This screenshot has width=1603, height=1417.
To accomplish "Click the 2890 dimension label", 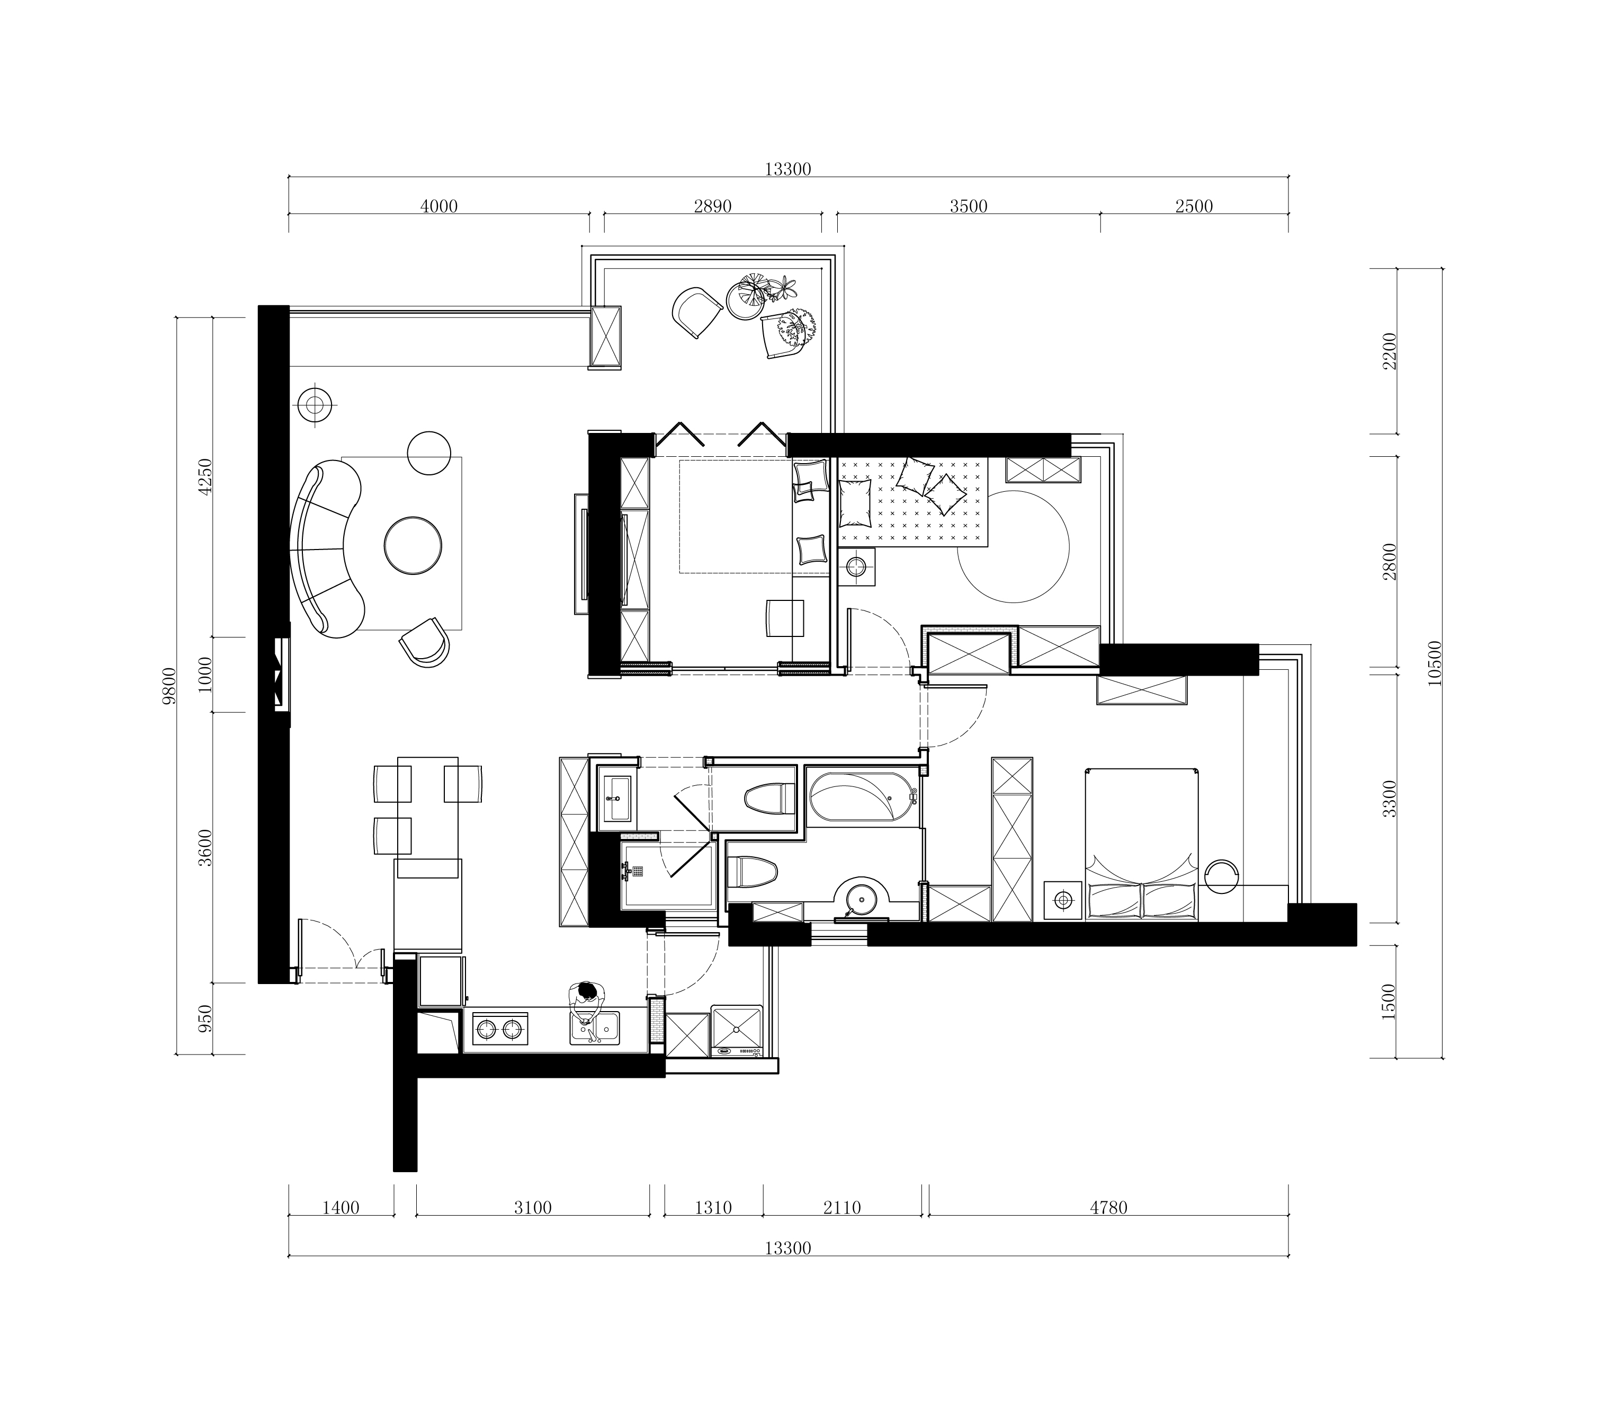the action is point(712,206).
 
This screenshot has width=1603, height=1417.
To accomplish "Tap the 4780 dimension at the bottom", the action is point(1108,1208).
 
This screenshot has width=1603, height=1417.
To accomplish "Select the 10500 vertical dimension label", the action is point(1435,664).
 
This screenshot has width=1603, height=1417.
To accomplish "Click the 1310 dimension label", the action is point(713,1208).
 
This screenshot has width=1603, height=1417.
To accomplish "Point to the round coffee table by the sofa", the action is point(413,545).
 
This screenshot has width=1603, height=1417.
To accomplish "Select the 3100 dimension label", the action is point(533,1208).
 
